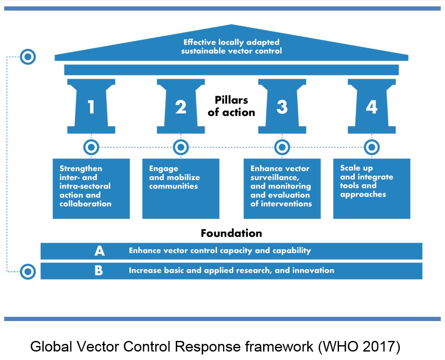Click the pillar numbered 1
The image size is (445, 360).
(91, 107)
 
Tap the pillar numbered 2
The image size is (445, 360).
(181, 107)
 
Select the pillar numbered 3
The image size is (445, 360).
(282, 107)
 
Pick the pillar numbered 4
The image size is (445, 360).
(372, 107)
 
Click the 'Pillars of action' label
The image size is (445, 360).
(231, 106)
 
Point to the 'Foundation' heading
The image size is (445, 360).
(231, 233)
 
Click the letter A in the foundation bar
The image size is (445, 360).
(99, 251)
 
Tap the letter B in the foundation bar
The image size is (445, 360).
(99, 271)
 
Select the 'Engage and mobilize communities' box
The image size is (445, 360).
(181, 188)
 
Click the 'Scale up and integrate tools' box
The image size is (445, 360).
(372, 188)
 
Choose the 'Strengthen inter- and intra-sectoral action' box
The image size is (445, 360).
(91, 188)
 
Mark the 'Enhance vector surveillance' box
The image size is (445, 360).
(282, 188)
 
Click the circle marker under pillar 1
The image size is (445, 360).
(91, 147)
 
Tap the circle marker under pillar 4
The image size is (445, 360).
(372, 147)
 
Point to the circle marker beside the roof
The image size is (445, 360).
(28, 57)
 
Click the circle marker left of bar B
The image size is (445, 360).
(28, 271)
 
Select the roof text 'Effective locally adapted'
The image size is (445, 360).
(231, 42)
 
